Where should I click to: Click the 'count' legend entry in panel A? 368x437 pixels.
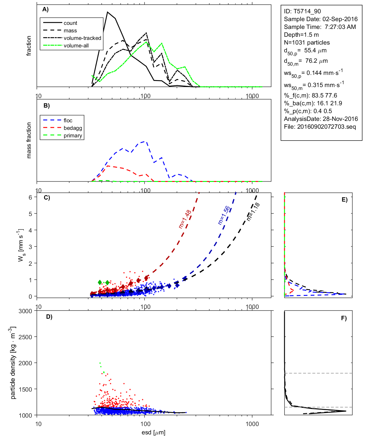70,23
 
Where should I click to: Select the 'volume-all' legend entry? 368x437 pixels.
76,45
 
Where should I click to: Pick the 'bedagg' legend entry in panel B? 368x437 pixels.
73,128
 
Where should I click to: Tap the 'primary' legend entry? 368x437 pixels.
73,135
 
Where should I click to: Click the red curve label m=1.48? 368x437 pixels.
185,219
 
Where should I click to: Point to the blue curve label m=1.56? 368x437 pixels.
224,215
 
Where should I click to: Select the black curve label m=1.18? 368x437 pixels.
253,212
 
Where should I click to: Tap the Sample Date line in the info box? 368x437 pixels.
320,19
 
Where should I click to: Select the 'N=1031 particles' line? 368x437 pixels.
307,43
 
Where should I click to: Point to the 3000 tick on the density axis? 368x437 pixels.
25,311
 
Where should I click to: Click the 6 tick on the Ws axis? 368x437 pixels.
30,197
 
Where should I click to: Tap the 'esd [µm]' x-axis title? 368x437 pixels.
153,432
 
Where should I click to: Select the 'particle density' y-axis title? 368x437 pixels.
13,363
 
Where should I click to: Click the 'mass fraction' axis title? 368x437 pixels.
29,140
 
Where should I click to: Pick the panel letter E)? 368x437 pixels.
344,200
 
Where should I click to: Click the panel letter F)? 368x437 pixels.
344,318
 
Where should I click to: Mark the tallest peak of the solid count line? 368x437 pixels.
108,12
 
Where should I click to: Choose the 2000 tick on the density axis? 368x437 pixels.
25,363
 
